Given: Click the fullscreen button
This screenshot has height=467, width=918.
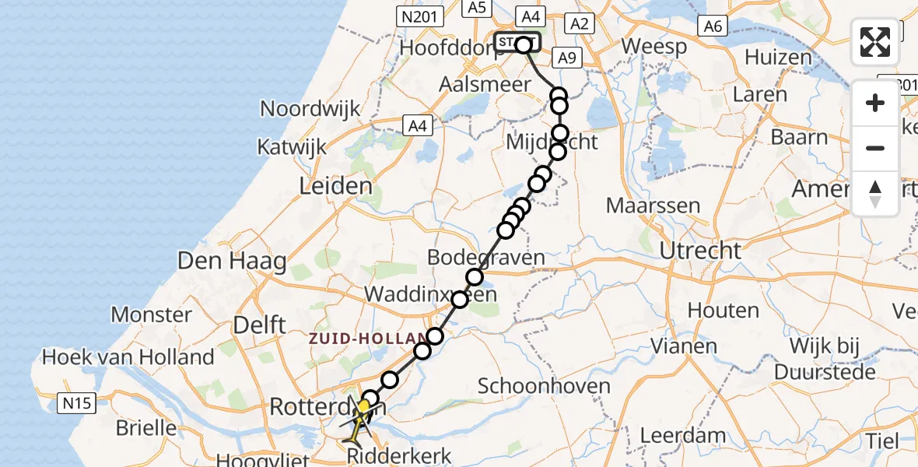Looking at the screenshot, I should coord(875,42).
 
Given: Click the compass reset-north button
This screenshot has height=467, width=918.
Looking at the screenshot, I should coord(875,193).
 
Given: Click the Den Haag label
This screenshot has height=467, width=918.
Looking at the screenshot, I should coord(233,261).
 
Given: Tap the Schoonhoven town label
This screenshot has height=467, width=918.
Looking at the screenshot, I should coord(538,385).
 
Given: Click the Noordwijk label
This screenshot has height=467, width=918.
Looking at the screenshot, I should coord(310,108).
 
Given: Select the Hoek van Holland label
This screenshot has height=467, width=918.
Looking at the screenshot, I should coord(128,357).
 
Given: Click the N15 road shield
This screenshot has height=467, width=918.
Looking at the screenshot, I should coord(76,402).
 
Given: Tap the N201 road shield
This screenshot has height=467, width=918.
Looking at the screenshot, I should coord(420,16).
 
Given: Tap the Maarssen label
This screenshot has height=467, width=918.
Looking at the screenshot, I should coord(653,207).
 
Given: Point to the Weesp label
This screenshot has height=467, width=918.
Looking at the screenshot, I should coord(654,47).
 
